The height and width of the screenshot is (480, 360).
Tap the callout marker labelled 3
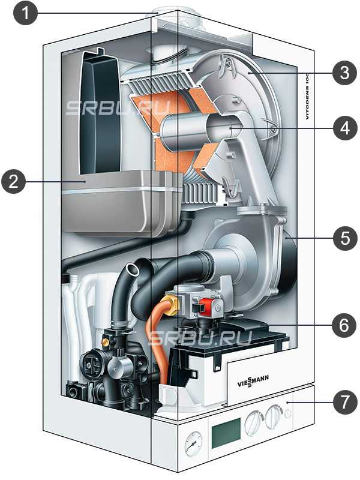[x=344, y=73]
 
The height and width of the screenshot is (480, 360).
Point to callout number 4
[x=344, y=128]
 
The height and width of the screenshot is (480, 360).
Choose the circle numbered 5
[x=344, y=238]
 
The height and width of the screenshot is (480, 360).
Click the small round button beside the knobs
[x=289, y=414]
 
